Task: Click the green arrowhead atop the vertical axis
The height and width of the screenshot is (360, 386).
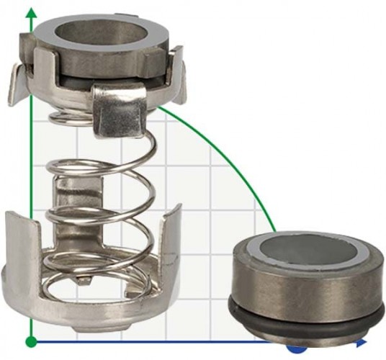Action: click(30, 10)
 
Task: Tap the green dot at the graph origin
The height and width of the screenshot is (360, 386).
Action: click(30, 340)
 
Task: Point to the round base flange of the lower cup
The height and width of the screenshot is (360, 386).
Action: click(94, 317)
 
